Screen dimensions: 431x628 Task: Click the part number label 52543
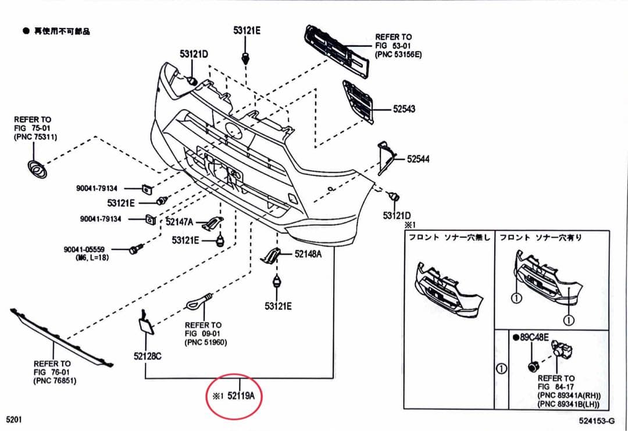(x=404, y=109)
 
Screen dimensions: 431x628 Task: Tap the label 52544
(x=418, y=159)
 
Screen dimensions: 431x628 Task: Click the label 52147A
(x=180, y=222)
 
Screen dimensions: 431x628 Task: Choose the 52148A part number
(x=308, y=254)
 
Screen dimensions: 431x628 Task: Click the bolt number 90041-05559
(x=84, y=250)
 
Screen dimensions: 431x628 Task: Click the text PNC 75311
(x=35, y=137)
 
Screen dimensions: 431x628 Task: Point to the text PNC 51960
(x=205, y=343)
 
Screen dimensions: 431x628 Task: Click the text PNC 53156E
(x=398, y=54)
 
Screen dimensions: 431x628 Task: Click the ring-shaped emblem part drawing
(x=37, y=168)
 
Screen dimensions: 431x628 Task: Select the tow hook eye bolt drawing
(x=197, y=302)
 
